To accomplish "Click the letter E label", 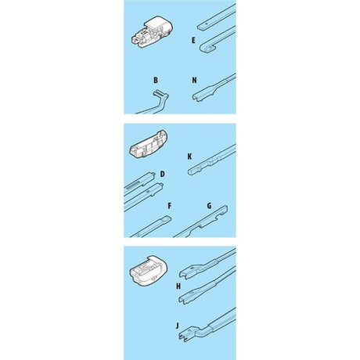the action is tap(193, 41).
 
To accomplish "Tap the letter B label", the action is tap(156, 80).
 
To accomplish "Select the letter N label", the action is tap(194, 80).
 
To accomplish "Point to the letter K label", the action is tap(189, 157).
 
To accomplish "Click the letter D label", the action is tap(162, 174).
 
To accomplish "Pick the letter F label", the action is tap(170, 206).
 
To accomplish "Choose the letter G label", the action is tap(209, 206).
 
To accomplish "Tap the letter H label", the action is tap(178, 286).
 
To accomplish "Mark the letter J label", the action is tap(178, 326).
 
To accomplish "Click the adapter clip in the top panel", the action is tap(152, 32).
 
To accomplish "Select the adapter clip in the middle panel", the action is tap(148, 143).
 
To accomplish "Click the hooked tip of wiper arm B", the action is tap(158, 92).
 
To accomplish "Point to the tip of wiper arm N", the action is tap(195, 98).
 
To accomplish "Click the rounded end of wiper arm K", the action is tap(190, 172).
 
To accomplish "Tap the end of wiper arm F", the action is tap(168, 218).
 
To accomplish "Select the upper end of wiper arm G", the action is tap(225, 208).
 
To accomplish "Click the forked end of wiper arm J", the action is tap(184, 335).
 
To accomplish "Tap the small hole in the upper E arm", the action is tap(207, 23).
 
